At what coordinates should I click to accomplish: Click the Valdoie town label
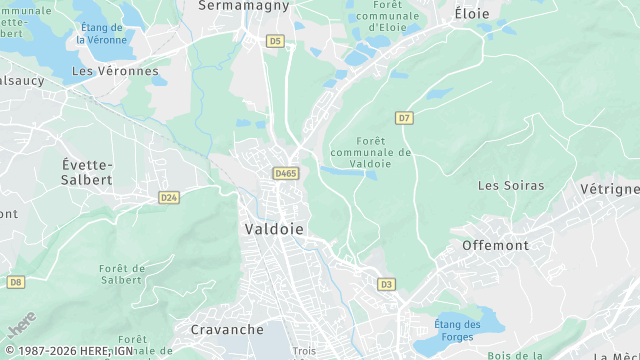coord(273,229)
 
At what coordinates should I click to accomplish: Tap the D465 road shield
coord(286,173)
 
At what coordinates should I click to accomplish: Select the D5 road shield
coord(275,41)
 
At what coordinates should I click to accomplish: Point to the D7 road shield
coord(404,118)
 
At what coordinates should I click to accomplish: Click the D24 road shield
coord(168,198)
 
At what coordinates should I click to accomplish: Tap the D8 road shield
coord(15,282)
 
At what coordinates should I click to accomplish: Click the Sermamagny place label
coord(244,6)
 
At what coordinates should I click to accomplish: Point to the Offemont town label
coord(495,245)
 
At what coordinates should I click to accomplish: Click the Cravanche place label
coord(227,329)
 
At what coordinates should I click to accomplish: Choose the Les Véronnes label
coord(115,71)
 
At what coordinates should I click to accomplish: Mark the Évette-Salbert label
coord(87,172)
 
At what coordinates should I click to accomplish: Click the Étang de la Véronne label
coord(101,33)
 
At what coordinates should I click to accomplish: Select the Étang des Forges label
coord(457,330)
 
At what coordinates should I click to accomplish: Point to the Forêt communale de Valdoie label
coord(369,152)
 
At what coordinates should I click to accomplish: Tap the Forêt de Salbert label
coord(123,274)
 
